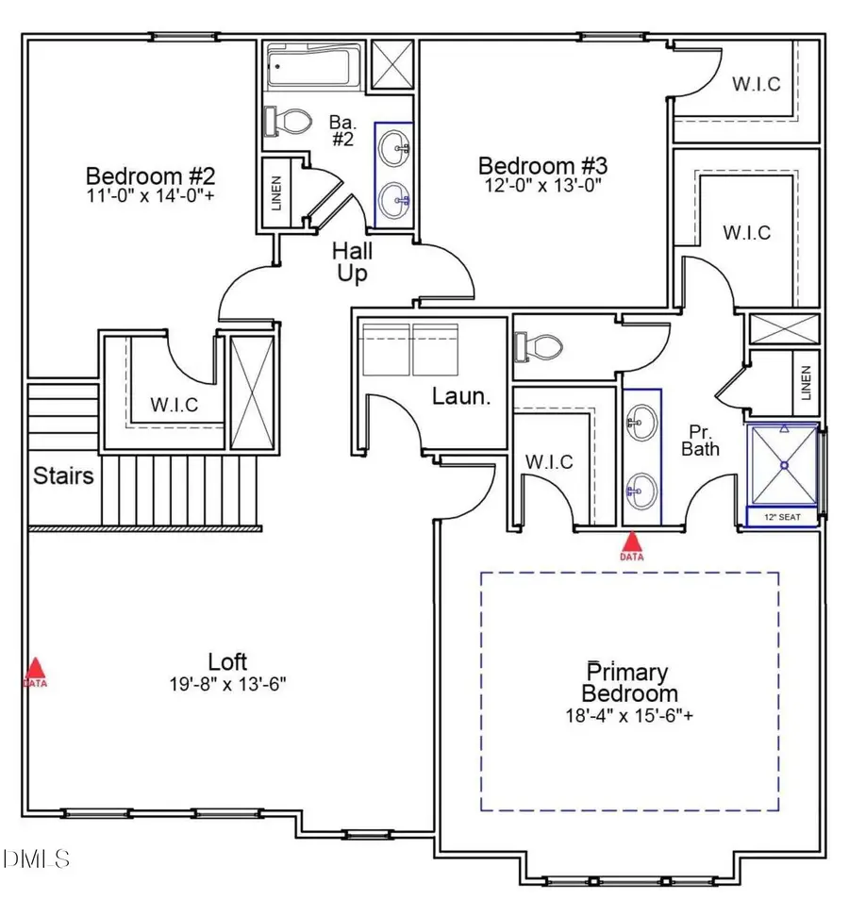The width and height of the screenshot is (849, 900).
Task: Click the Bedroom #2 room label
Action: point(150,175)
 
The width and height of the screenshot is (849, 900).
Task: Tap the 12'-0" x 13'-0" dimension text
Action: point(543,186)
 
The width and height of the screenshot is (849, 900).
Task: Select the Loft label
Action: point(227,662)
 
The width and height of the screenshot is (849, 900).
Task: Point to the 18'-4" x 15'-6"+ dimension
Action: point(629,716)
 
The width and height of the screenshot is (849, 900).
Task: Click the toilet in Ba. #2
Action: point(288,121)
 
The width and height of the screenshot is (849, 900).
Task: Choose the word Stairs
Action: point(63,475)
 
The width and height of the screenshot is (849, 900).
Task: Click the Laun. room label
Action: point(461,396)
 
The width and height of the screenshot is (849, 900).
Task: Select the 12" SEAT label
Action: point(782,517)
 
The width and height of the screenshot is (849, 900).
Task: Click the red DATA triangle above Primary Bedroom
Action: point(631,542)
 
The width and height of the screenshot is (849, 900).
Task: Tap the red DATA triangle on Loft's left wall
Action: point(36,669)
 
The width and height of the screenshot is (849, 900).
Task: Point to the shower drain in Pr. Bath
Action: point(784,465)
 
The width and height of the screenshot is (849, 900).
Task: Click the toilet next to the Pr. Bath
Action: point(539,346)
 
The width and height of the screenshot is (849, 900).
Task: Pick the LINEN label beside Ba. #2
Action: point(276,192)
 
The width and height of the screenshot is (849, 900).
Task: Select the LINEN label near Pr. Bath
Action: point(806,383)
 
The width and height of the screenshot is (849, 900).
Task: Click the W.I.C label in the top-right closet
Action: point(756,84)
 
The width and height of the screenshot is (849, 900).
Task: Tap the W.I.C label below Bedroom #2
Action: point(174,405)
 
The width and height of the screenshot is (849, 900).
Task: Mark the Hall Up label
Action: point(352,262)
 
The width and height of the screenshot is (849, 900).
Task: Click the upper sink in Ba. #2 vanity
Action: point(395,149)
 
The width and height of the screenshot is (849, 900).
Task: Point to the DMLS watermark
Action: point(36,858)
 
